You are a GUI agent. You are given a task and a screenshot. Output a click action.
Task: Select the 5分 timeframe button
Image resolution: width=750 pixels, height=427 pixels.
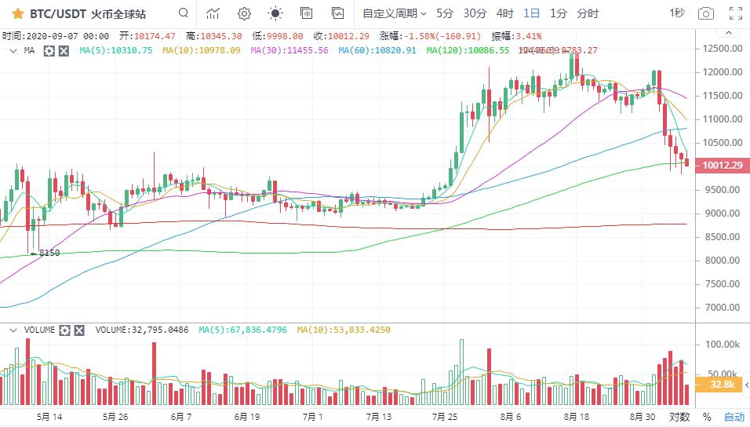click(x=445, y=13)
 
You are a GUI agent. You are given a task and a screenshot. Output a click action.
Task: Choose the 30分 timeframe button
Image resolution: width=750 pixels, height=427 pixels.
click(x=475, y=13)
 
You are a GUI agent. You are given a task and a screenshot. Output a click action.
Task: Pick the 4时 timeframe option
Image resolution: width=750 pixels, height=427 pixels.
click(x=505, y=13)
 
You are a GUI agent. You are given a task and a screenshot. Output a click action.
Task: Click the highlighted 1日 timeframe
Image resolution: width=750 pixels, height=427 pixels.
click(x=532, y=13)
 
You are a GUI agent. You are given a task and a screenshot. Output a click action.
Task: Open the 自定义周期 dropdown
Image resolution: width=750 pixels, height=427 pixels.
click(x=394, y=13)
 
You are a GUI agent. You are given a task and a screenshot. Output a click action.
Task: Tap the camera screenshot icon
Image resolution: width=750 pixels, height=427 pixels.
click(x=706, y=13)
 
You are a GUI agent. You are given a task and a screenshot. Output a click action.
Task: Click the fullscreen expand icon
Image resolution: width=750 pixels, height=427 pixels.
click(x=735, y=13)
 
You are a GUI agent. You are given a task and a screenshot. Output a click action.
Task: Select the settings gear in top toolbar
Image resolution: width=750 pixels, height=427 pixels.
click(x=244, y=13)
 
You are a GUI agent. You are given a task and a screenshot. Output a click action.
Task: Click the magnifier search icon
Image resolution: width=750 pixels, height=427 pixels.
click(x=183, y=13)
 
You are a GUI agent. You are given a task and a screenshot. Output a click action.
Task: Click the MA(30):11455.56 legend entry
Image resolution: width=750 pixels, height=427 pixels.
click(x=289, y=50)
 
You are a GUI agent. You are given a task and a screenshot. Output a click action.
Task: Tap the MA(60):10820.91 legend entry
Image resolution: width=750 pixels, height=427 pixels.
click(x=377, y=50)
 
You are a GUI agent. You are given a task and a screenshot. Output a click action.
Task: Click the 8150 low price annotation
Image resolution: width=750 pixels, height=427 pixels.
click(x=49, y=253)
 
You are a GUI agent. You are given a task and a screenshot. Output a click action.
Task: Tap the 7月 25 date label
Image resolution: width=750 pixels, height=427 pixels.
click(x=445, y=417)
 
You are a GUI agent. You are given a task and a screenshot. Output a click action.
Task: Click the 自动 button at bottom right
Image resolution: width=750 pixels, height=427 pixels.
click(x=734, y=417)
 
